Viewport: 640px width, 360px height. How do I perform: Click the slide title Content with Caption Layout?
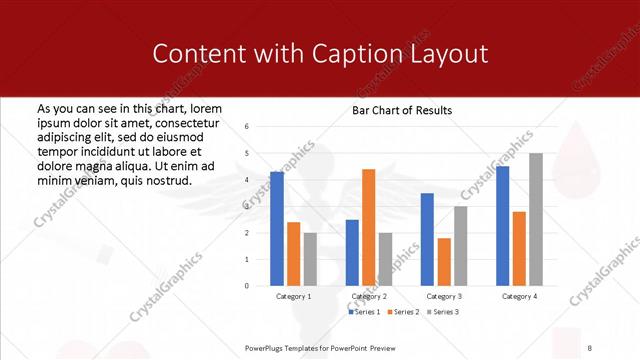(320, 53)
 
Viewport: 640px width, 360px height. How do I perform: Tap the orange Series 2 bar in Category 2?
(368, 227)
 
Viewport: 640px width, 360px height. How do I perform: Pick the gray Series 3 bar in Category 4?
(535, 219)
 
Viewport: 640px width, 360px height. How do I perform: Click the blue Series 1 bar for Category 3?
(427, 239)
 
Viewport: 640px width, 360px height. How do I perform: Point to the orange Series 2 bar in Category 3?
(444, 261)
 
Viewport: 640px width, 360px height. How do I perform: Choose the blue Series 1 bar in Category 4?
(502, 225)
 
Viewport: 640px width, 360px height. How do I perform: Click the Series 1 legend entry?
(364, 313)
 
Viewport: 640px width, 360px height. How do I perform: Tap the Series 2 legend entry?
(403, 313)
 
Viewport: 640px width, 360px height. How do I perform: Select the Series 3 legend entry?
(442, 313)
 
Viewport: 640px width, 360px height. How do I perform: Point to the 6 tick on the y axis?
(247, 127)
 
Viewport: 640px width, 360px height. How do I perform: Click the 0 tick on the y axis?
(247, 285)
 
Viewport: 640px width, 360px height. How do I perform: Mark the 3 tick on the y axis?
(247, 206)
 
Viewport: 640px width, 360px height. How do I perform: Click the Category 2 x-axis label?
(369, 297)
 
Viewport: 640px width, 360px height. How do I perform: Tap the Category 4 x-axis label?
(519, 297)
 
